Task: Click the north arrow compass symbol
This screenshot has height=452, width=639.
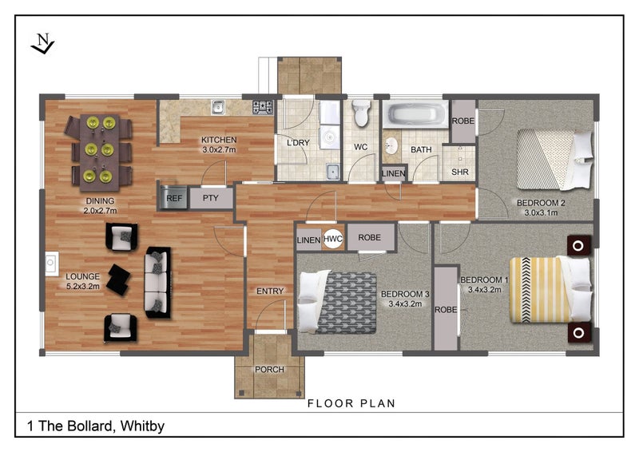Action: click(x=42, y=44)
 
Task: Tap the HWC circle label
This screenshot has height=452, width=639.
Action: click(x=333, y=240)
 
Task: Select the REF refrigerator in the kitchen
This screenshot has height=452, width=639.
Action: click(x=174, y=198)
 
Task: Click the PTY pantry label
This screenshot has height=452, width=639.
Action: click(x=211, y=198)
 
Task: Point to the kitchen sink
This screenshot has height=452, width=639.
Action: click(x=218, y=107)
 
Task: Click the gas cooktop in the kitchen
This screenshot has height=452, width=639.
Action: click(x=263, y=107)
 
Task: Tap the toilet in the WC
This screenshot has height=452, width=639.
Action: click(x=361, y=113)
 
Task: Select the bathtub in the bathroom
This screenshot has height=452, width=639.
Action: click(x=415, y=114)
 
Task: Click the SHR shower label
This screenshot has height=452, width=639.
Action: click(x=460, y=172)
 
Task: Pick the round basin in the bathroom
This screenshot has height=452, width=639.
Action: click(x=391, y=145)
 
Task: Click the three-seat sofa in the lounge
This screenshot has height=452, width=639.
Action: click(x=157, y=282)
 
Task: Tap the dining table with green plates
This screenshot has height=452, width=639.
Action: click(x=99, y=152)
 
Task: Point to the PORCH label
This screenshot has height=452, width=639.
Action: click(x=269, y=370)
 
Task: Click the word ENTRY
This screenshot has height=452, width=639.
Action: click(x=270, y=291)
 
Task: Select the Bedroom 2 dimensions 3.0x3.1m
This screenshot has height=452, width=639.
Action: click(x=541, y=212)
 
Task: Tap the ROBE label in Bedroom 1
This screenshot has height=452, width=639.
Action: click(x=446, y=310)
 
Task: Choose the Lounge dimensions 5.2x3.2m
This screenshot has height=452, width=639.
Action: click(x=83, y=286)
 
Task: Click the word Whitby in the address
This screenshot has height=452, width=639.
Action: click(x=143, y=426)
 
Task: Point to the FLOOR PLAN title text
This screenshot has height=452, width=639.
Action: click(x=351, y=403)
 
